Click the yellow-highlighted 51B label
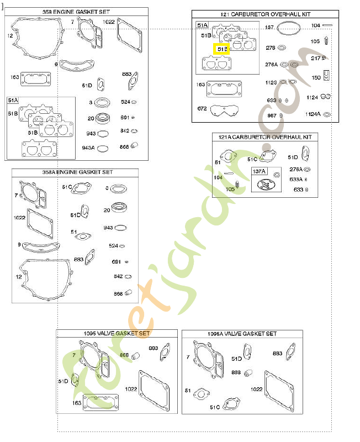221,49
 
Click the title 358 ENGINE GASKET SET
77,12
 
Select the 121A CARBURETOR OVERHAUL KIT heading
264,136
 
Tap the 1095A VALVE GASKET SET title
242,334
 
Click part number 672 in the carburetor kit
202,108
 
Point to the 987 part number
271,115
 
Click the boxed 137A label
259,171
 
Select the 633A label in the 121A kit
296,179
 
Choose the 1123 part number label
271,82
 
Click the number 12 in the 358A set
18,276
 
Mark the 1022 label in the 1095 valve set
131,389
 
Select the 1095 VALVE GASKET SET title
117,334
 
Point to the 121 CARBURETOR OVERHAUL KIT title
265,14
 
